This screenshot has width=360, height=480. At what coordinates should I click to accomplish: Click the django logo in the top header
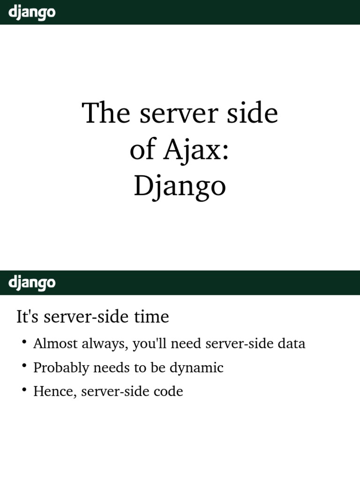(x=32, y=12)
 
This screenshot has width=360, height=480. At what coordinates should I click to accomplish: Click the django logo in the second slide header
(x=32, y=283)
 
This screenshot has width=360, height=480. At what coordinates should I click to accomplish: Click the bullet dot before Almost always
(x=23, y=342)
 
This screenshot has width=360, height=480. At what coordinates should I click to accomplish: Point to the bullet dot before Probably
(x=23, y=366)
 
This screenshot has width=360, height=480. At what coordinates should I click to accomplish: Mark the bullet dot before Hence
(x=23, y=390)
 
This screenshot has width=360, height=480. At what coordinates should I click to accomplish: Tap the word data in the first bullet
(x=291, y=344)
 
